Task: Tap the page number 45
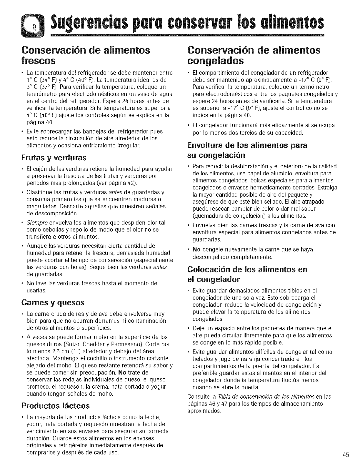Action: coord(345,455)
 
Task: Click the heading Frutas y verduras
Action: coord(54,158)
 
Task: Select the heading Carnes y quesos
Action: coord(53,302)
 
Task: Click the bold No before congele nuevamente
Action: coord(196,249)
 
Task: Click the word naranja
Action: coord(243,359)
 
